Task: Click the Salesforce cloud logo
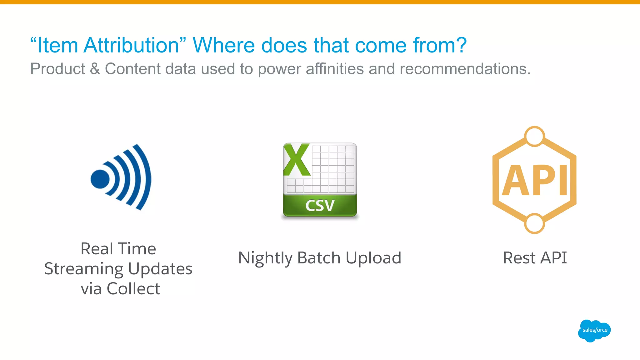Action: tap(594, 330)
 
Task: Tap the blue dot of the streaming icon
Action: tap(100, 179)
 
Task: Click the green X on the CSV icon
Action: tap(296, 160)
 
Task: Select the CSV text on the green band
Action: tap(320, 206)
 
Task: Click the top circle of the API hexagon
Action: tap(534, 136)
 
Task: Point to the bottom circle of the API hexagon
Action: tap(534, 223)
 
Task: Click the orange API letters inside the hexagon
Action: tap(534, 181)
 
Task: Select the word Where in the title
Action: tap(223, 45)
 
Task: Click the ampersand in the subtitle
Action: tap(95, 69)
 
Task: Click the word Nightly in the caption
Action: tap(265, 258)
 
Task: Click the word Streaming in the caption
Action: tap(84, 269)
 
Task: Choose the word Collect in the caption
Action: tap(133, 289)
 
